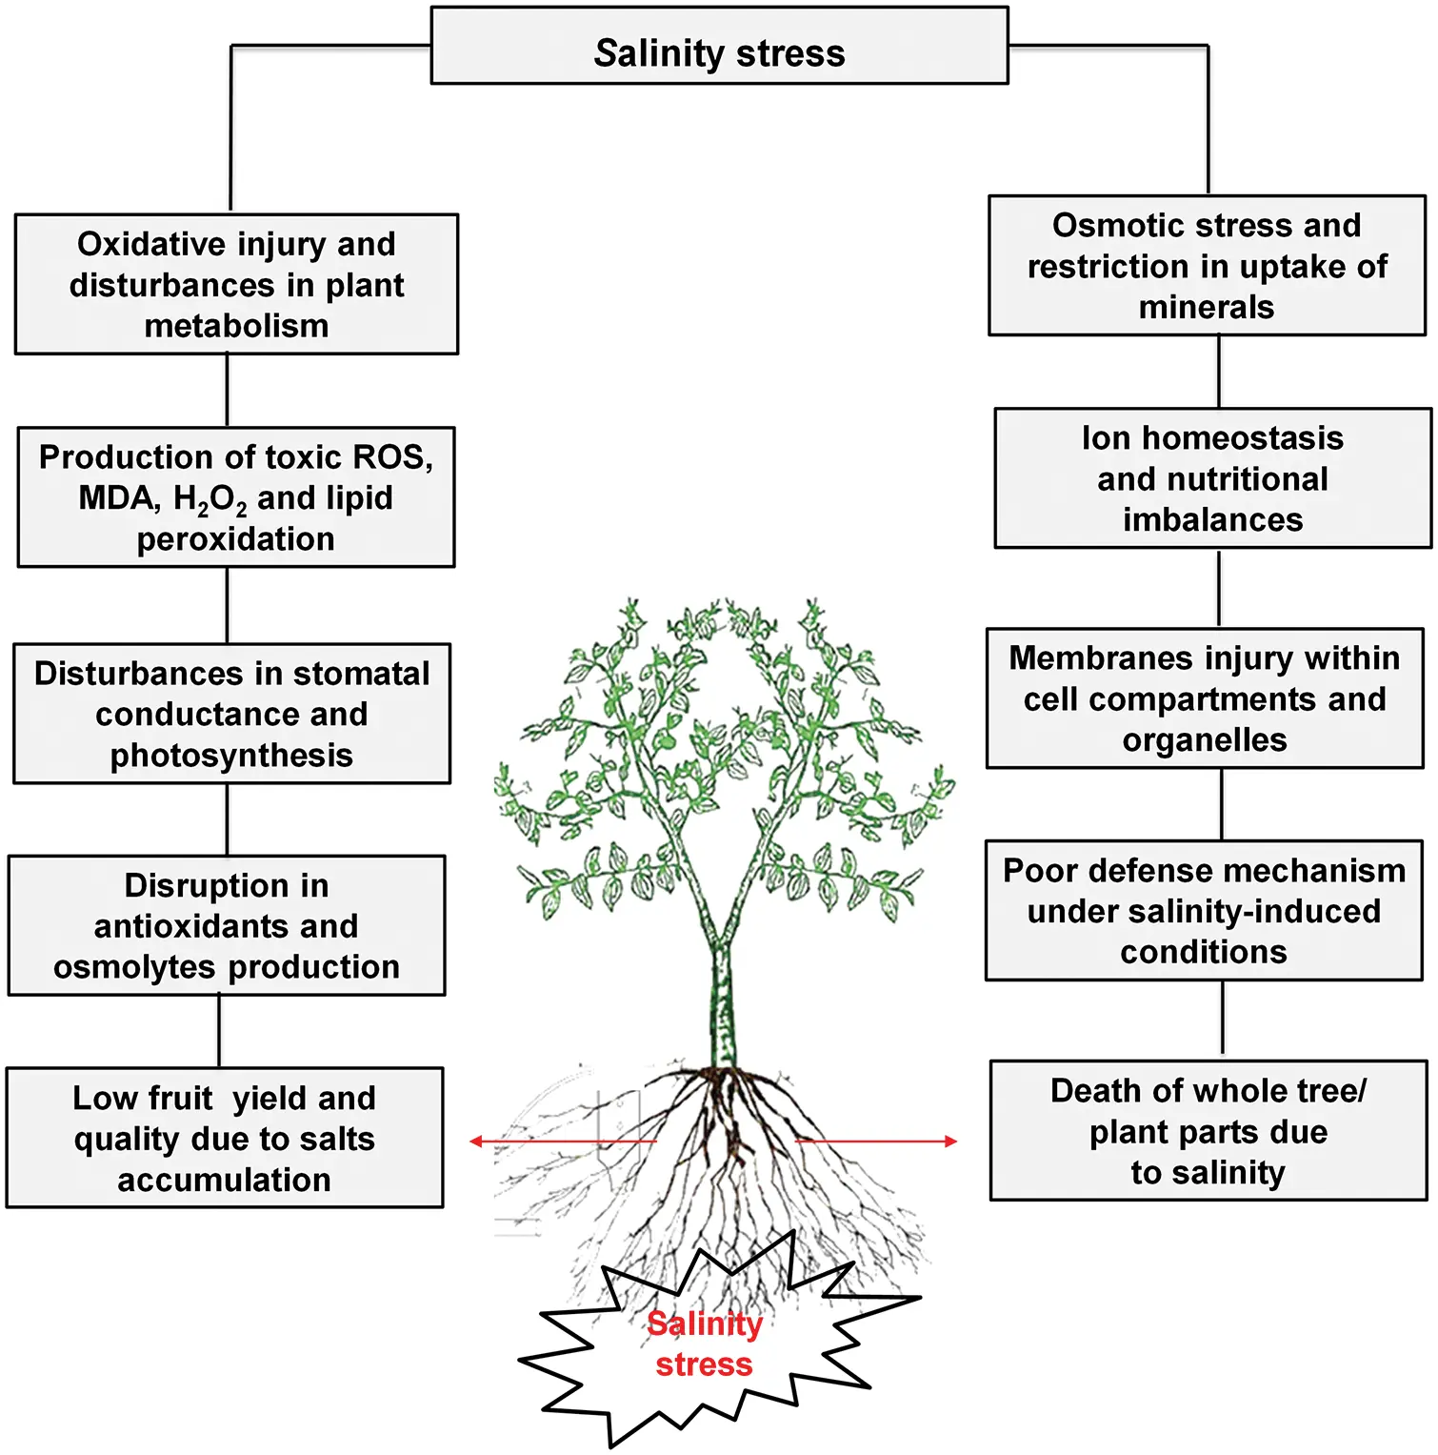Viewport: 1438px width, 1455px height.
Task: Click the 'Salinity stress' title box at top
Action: click(719, 46)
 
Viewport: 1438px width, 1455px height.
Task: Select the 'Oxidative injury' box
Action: click(236, 284)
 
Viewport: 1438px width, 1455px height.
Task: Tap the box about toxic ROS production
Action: click(236, 497)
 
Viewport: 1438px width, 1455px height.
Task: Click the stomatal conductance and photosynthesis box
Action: click(231, 714)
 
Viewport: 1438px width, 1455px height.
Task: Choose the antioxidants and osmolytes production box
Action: click(227, 925)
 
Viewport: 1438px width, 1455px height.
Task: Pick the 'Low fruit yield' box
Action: click(225, 1138)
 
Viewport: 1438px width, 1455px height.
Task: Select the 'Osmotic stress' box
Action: click(1207, 266)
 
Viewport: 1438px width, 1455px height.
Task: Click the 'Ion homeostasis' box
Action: click(1213, 478)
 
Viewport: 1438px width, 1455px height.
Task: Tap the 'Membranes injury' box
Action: click(1205, 698)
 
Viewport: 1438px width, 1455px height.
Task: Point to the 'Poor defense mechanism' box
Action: click(1204, 911)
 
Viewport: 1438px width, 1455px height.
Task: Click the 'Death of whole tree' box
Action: click(1208, 1131)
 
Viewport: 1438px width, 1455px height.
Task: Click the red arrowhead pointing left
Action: click(476, 1142)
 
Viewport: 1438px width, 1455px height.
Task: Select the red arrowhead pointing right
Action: click(950, 1142)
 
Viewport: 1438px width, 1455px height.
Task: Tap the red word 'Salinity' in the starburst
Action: click(705, 1324)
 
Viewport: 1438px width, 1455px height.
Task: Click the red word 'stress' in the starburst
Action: click(705, 1364)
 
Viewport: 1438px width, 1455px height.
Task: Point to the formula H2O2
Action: click(210, 499)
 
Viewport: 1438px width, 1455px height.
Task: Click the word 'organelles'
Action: click(1205, 740)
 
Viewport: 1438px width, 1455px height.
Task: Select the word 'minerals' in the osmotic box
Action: click(1207, 307)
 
